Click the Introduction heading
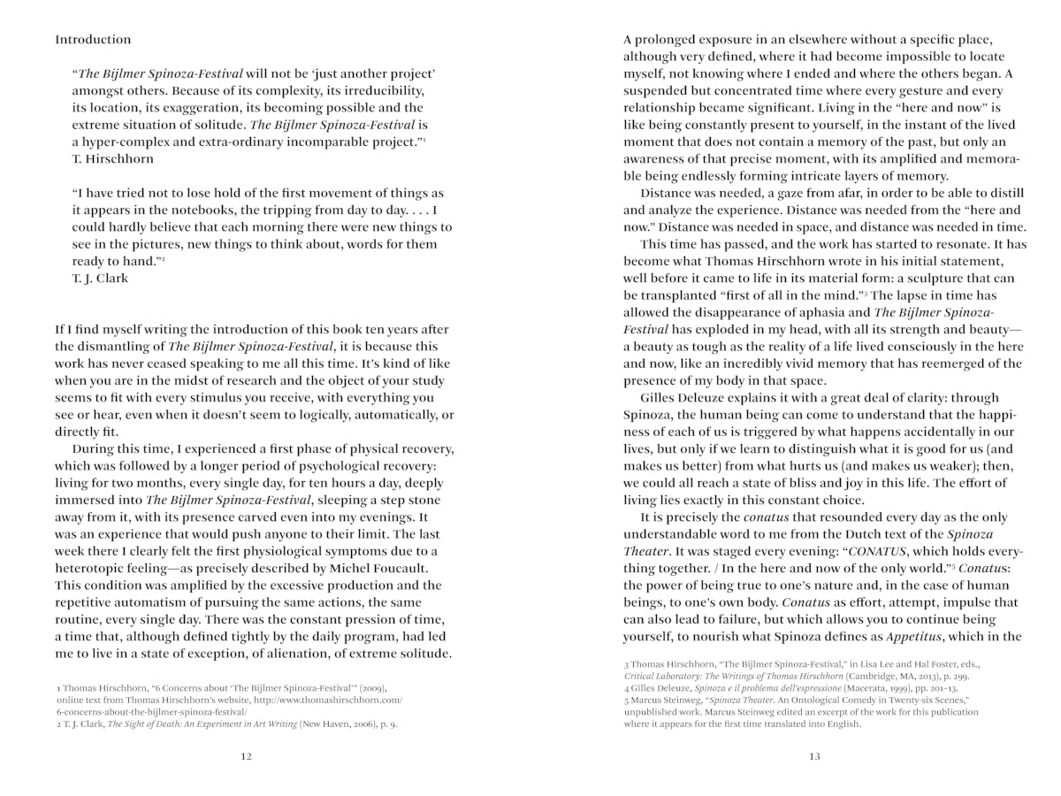(x=93, y=40)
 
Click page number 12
(x=247, y=756)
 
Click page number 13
(x=814, y=756)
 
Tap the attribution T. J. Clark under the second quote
(x=100, y=278)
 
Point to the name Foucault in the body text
(x=395, y=569)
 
